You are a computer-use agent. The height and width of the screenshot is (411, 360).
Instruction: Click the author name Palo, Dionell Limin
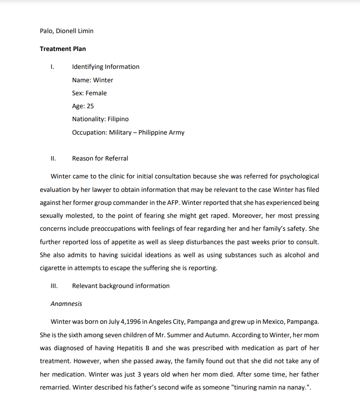[x=67, y=31]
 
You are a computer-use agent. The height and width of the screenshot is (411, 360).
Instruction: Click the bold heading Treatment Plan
[x=63, y=49]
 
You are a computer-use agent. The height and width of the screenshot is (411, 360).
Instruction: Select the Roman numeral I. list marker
[x=52, y=67]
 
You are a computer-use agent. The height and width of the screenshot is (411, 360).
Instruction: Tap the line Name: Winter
[x=93, y=80]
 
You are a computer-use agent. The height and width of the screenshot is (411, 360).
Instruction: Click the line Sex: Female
[x=90, y=93]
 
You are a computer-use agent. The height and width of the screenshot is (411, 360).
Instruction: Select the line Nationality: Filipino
[x=100, y=119]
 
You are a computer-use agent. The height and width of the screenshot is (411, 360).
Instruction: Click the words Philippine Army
[x=161, y=132]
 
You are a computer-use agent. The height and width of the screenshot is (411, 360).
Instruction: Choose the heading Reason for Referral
[x=100, y=158]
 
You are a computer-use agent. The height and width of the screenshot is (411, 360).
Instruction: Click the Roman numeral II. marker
[x=53, y=158]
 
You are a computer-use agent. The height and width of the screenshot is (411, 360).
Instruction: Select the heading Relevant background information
[x=121, y=286]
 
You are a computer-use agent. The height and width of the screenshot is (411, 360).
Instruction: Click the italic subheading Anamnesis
[x=66, y=304]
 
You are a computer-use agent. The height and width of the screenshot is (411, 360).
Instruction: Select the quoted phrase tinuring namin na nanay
[x=270, y=387]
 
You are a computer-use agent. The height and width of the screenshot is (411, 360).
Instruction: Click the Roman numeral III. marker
[x=54, y=286]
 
